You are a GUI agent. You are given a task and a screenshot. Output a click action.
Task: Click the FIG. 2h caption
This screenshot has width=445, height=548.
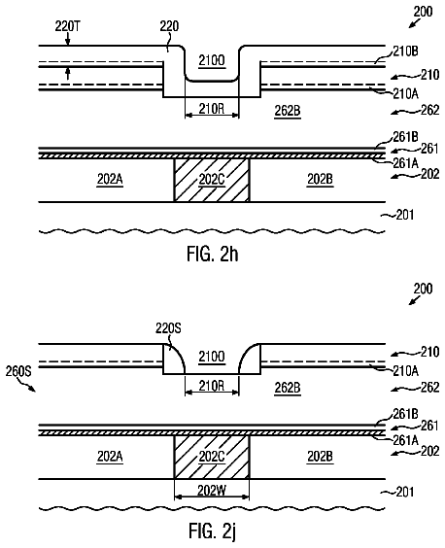point(213,254)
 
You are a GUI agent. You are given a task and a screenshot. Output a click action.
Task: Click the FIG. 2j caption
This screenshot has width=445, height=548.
point(213,531)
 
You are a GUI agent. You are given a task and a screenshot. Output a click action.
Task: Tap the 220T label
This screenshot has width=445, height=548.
point(67,26)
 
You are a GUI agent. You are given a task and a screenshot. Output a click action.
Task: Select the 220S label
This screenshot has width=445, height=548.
point(168,328)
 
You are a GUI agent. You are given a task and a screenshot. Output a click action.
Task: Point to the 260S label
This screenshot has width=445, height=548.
point(18,371)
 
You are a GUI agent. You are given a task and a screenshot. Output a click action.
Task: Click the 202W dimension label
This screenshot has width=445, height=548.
point(212,491)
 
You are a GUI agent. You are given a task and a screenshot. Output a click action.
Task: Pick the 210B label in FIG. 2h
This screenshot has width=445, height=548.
point(405,51)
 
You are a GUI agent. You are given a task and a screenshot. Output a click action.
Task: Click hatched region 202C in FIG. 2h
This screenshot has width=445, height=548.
point(212,180)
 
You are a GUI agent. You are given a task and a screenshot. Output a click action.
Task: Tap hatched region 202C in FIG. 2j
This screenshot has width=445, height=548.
point(212,457)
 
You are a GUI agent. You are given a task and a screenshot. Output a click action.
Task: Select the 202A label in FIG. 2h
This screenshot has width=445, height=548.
point(110,180)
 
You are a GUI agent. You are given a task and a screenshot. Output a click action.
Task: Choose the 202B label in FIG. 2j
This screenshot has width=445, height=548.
point(321,457)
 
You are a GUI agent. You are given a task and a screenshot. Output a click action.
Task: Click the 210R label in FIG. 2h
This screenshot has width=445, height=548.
point(212,109)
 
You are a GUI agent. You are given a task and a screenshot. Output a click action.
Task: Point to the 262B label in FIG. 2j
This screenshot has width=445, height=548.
point(288,388)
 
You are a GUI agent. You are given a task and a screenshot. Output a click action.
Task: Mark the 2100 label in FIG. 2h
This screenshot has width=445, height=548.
point(212,60)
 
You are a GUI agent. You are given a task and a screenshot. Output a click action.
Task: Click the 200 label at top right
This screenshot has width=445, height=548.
point(423,12)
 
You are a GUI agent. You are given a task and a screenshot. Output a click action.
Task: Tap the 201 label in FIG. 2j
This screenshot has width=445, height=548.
point(405,492)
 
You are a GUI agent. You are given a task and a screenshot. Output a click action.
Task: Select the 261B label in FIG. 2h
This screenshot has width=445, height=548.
point(405,137)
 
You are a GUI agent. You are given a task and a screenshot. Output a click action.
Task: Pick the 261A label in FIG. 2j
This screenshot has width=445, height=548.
point(405,440)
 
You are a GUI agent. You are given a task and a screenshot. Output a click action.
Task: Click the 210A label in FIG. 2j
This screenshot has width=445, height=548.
point(405,371)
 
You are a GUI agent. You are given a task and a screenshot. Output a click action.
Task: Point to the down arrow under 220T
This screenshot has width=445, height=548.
point(68,40)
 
